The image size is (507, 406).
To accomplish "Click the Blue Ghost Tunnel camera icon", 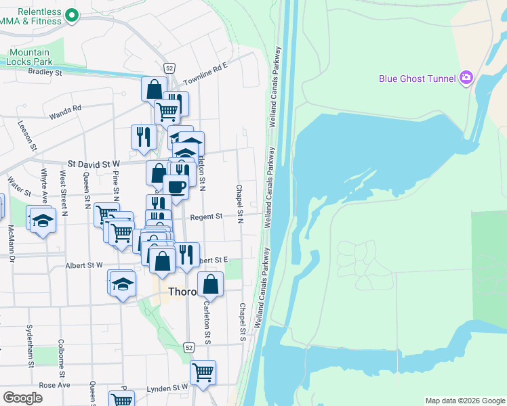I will (x=466, y=78).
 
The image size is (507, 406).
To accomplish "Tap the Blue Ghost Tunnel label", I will (x=417, y=78).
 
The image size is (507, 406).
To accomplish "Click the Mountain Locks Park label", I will (x=29, y=58).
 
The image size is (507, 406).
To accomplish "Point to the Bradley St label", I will (x=45, y=72).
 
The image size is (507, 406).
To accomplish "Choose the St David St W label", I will (x=94, y=164).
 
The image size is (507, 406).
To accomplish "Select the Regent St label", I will (x=206, y=217).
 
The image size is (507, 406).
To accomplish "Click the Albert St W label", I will (x=83, y=265).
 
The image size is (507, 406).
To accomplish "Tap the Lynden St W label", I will (x=167, y=388).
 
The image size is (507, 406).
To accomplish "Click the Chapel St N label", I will (x=239, y=204).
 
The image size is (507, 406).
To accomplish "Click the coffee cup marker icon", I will (x=176, y=187).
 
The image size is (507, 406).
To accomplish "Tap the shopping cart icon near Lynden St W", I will (x=203, y=371).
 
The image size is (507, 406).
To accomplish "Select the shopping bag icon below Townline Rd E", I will (x=154, y=89).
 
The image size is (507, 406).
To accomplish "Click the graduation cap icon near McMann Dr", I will (x=43, y=221).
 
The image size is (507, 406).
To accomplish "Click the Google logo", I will (x=22, y=398).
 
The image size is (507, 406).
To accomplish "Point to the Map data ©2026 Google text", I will (x=465, y=401).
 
